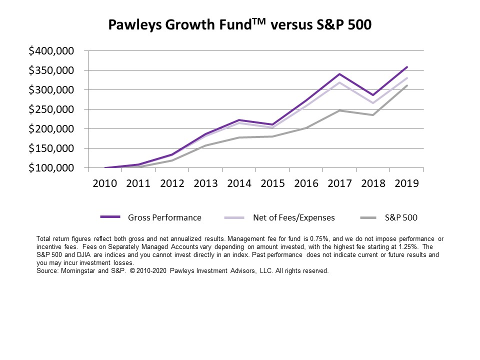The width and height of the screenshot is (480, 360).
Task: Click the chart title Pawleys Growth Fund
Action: coord(240,24)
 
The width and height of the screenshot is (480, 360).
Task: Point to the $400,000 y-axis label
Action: coord(51,51)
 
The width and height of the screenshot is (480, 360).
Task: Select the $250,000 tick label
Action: coord(51,109)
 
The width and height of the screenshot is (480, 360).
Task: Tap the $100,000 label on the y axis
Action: coord(51,168)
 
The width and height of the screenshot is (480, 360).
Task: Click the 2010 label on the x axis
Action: coord(105,183)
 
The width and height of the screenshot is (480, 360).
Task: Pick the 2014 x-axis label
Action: coord(239,183)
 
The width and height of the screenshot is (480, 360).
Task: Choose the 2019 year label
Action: coord(407,183)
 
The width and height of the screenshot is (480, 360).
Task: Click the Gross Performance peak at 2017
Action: coord(340,74)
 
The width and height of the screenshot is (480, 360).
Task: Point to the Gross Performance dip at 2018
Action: coord(373,95)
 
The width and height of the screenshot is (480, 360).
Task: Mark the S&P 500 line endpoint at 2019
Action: coord(407,85)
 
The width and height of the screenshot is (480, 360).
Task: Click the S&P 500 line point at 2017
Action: coord(340,110)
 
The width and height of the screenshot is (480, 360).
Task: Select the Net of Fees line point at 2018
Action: coord(373,103)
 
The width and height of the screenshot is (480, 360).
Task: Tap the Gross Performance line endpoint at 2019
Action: coord(407,67)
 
